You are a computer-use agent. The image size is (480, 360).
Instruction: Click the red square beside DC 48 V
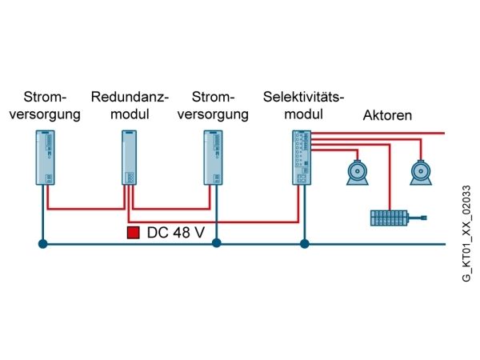point(133,233)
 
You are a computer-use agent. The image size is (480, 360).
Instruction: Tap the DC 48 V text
point(176,233)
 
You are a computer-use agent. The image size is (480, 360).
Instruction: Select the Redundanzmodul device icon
point(129,158)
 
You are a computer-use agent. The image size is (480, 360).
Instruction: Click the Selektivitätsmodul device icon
point(302,158)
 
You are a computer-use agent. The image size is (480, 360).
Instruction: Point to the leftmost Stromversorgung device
point(46,158)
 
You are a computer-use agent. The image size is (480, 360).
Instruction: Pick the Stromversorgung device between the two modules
point(213,158)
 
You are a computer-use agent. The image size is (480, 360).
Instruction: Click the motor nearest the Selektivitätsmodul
point(358,173)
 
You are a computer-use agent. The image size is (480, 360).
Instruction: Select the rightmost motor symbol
point(421,173)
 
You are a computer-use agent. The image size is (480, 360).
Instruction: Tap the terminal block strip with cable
point(398,218)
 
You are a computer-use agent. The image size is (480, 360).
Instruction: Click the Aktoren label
point(387,115)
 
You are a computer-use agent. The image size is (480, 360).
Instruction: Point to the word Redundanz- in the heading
point(130,97)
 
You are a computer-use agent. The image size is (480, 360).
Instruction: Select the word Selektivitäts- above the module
point(303,97)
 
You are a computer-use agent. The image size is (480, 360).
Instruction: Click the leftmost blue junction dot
point(43,244)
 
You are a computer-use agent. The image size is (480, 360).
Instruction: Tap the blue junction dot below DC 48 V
point(217,243)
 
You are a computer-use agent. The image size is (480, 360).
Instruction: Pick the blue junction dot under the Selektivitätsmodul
point(304,244)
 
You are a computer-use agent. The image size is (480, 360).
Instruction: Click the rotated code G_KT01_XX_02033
point(466,234)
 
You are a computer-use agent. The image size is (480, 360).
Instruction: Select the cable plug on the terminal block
point(424,218)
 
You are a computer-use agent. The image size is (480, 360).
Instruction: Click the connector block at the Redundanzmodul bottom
point(130,178)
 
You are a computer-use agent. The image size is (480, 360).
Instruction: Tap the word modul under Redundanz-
point(130,114)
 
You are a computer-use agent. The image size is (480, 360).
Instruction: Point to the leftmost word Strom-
point(45,97)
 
